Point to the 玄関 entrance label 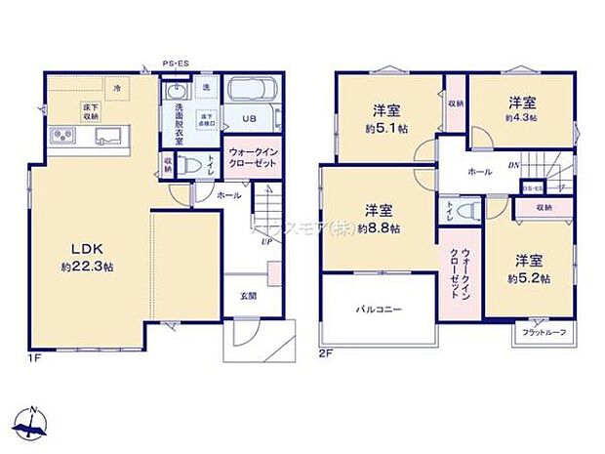pyautogui.click(x=248, y=295)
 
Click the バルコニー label pyautogui.click(x=378, y=309)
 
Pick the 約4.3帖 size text pyautogui.click(x=522, y=116)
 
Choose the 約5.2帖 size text pyautogui.click(x=529, y=277)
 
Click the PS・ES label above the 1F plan pyautogui.click(x=177, y=63)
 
